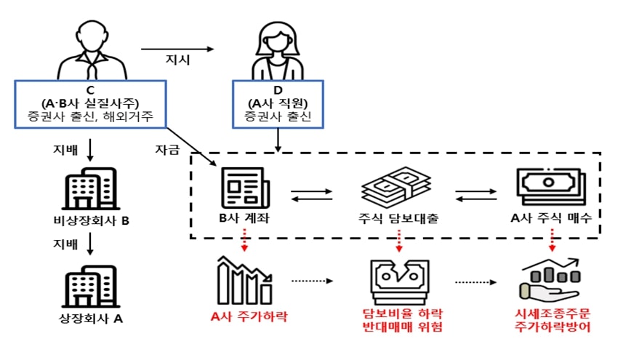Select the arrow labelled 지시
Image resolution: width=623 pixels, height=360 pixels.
[x=178, y=49]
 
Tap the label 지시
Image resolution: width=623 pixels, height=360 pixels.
[x=179, y=60]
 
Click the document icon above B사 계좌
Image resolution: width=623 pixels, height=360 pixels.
[x=244, y=188]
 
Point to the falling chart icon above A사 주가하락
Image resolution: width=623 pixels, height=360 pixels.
[x=244, y=280]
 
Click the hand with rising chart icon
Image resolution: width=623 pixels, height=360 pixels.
[x=550, y=280]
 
